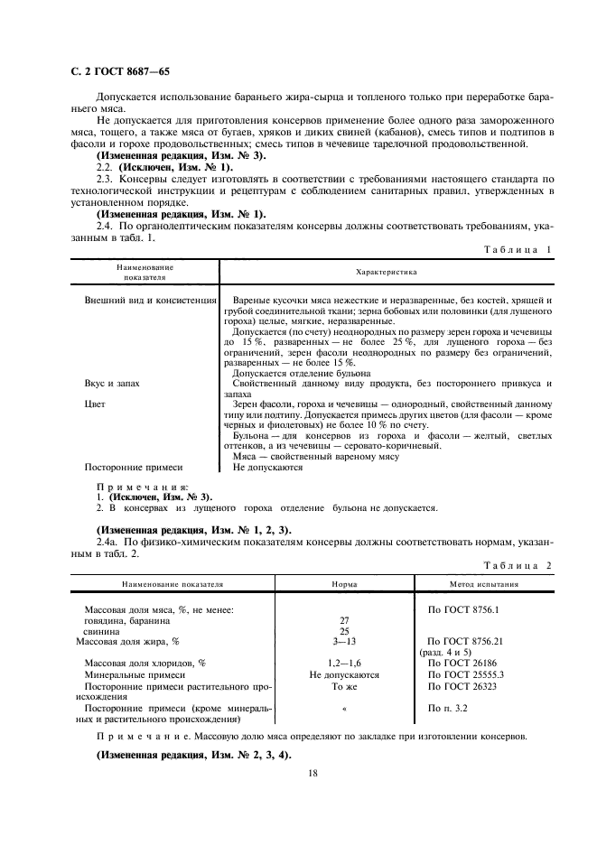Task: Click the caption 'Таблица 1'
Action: (517, 248)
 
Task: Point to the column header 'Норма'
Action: (344, 584)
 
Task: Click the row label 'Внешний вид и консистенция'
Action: (151, 299)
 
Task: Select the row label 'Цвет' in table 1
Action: (95, 404)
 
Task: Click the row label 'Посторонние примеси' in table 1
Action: (134, 468)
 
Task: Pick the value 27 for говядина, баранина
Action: (343, 620)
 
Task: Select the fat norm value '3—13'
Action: (343, 641)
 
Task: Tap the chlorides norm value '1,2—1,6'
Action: (343, 664)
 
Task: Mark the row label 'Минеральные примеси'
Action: (134, 674)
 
